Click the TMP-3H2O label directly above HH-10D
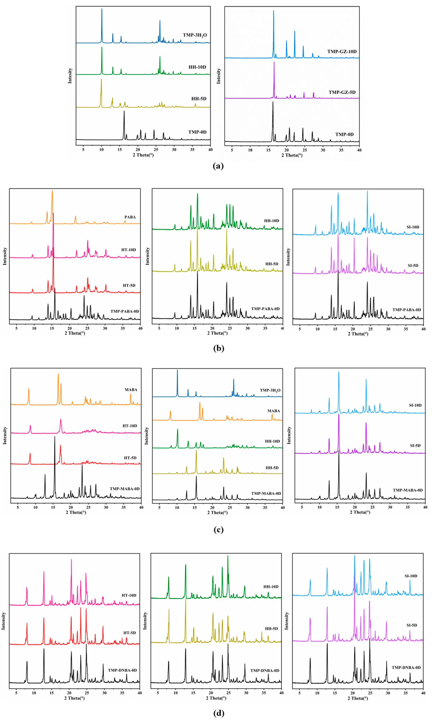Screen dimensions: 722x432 click(195, 35)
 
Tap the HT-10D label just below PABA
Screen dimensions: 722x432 click(128, 250)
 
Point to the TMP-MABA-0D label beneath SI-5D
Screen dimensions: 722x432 click(408, 490)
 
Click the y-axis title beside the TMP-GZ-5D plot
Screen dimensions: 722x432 click(219, 76)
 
